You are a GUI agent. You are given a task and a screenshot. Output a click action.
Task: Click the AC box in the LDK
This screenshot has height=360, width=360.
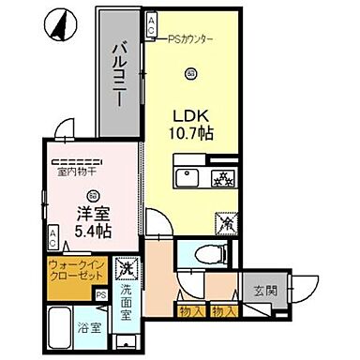(x=152, y=27)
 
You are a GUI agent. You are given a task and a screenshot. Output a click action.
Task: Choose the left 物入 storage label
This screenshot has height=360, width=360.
(x=190, y=309)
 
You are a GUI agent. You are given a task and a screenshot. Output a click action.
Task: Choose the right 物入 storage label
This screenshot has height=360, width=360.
(x=223, y=309)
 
